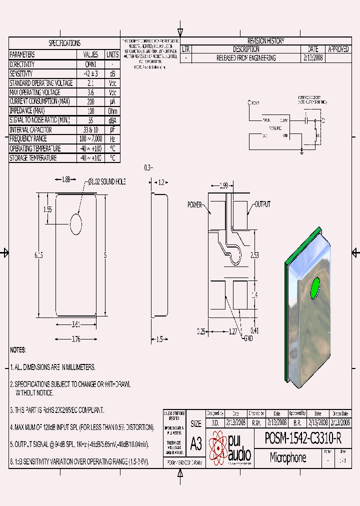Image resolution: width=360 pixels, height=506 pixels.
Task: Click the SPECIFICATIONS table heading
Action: (64, 43)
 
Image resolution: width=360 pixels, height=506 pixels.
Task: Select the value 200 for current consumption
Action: (90, 101)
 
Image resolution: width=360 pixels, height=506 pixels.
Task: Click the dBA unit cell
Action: (112, 120)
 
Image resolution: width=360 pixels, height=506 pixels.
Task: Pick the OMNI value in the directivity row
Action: (90, 64)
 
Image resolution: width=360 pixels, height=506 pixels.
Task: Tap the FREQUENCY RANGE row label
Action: (28, 139)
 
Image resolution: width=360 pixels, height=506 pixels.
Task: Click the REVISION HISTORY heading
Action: (265, 41)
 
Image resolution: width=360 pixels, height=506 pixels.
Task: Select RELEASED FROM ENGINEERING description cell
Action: (245, 58)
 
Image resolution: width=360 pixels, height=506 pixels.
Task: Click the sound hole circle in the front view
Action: (76, 224)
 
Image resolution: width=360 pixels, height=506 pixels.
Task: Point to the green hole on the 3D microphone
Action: (315, 288)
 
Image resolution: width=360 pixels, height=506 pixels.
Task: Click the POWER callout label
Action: (194, 205)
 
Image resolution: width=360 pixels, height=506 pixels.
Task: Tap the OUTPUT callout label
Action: (262, 204)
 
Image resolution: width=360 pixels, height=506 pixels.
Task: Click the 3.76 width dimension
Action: (76, 339)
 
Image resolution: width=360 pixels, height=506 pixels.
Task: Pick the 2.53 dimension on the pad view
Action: (255, 255)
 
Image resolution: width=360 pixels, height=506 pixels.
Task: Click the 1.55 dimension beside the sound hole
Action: (47, 209)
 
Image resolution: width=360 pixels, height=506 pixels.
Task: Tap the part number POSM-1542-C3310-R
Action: (303, 439)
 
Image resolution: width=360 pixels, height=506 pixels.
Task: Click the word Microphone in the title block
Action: (288, 457)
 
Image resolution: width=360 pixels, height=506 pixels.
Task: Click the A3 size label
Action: (196, 443)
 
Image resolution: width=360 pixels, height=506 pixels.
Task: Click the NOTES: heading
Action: (18, 350)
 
